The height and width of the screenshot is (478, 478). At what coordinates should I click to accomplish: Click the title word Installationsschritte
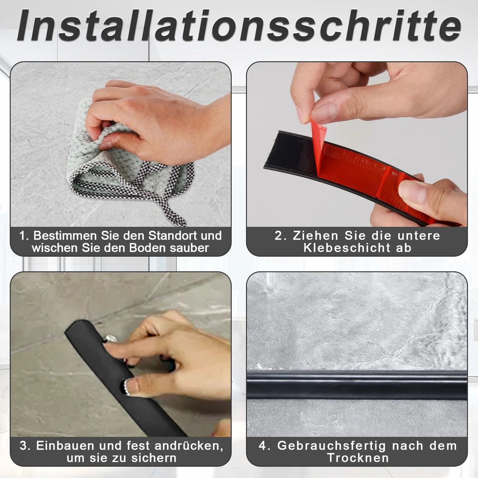tap(239, 26)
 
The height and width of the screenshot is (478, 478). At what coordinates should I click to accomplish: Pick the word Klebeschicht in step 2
tap(347, 248)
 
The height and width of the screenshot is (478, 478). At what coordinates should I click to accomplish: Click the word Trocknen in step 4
tap(358, 458)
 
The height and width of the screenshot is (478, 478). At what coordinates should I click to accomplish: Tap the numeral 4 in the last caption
tap(263, 446)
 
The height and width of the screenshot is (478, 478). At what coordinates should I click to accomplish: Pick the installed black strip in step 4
tap(357, 385)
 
